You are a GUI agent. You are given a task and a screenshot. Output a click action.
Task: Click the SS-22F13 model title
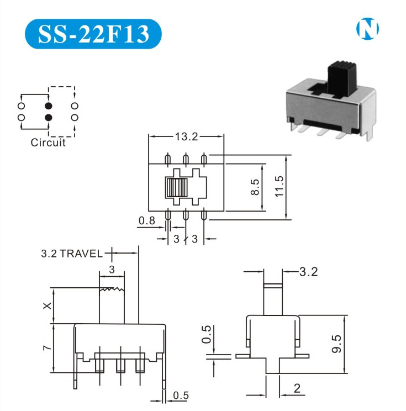pos(93,34)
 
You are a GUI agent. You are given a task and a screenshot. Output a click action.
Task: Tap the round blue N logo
pos(367,29)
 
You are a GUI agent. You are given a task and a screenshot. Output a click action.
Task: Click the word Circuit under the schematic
pos(48,143)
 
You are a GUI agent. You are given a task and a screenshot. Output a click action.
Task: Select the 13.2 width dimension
pos(186,136)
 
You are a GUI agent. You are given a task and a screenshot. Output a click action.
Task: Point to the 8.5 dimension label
pos(255,187)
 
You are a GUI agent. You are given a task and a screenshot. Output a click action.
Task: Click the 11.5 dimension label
pos(279,187)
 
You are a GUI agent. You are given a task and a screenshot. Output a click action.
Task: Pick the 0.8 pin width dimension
pos(147,221)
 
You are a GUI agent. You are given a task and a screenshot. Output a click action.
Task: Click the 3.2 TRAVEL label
pos(72,254)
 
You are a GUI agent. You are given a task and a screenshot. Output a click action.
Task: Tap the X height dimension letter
pos(47,305)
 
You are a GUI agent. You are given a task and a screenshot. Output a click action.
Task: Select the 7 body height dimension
pos(47,348)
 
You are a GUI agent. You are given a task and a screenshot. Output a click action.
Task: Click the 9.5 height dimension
pos(336,344)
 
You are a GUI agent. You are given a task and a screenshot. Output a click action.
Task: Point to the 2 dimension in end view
pos(297,388)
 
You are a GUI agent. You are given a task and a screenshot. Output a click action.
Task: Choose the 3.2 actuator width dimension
pos(308,272)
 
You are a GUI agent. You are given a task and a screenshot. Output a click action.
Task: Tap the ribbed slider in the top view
pos(176,187)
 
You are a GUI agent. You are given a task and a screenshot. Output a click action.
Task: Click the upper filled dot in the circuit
pos(49,106)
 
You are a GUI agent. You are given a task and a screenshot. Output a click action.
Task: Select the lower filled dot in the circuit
pos(49,118)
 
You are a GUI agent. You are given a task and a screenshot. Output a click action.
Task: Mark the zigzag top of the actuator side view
pos(112,289)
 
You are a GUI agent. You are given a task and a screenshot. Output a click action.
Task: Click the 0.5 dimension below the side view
pos(181,396)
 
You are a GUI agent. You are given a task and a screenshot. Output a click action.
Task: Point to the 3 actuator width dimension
pos(112,270)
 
